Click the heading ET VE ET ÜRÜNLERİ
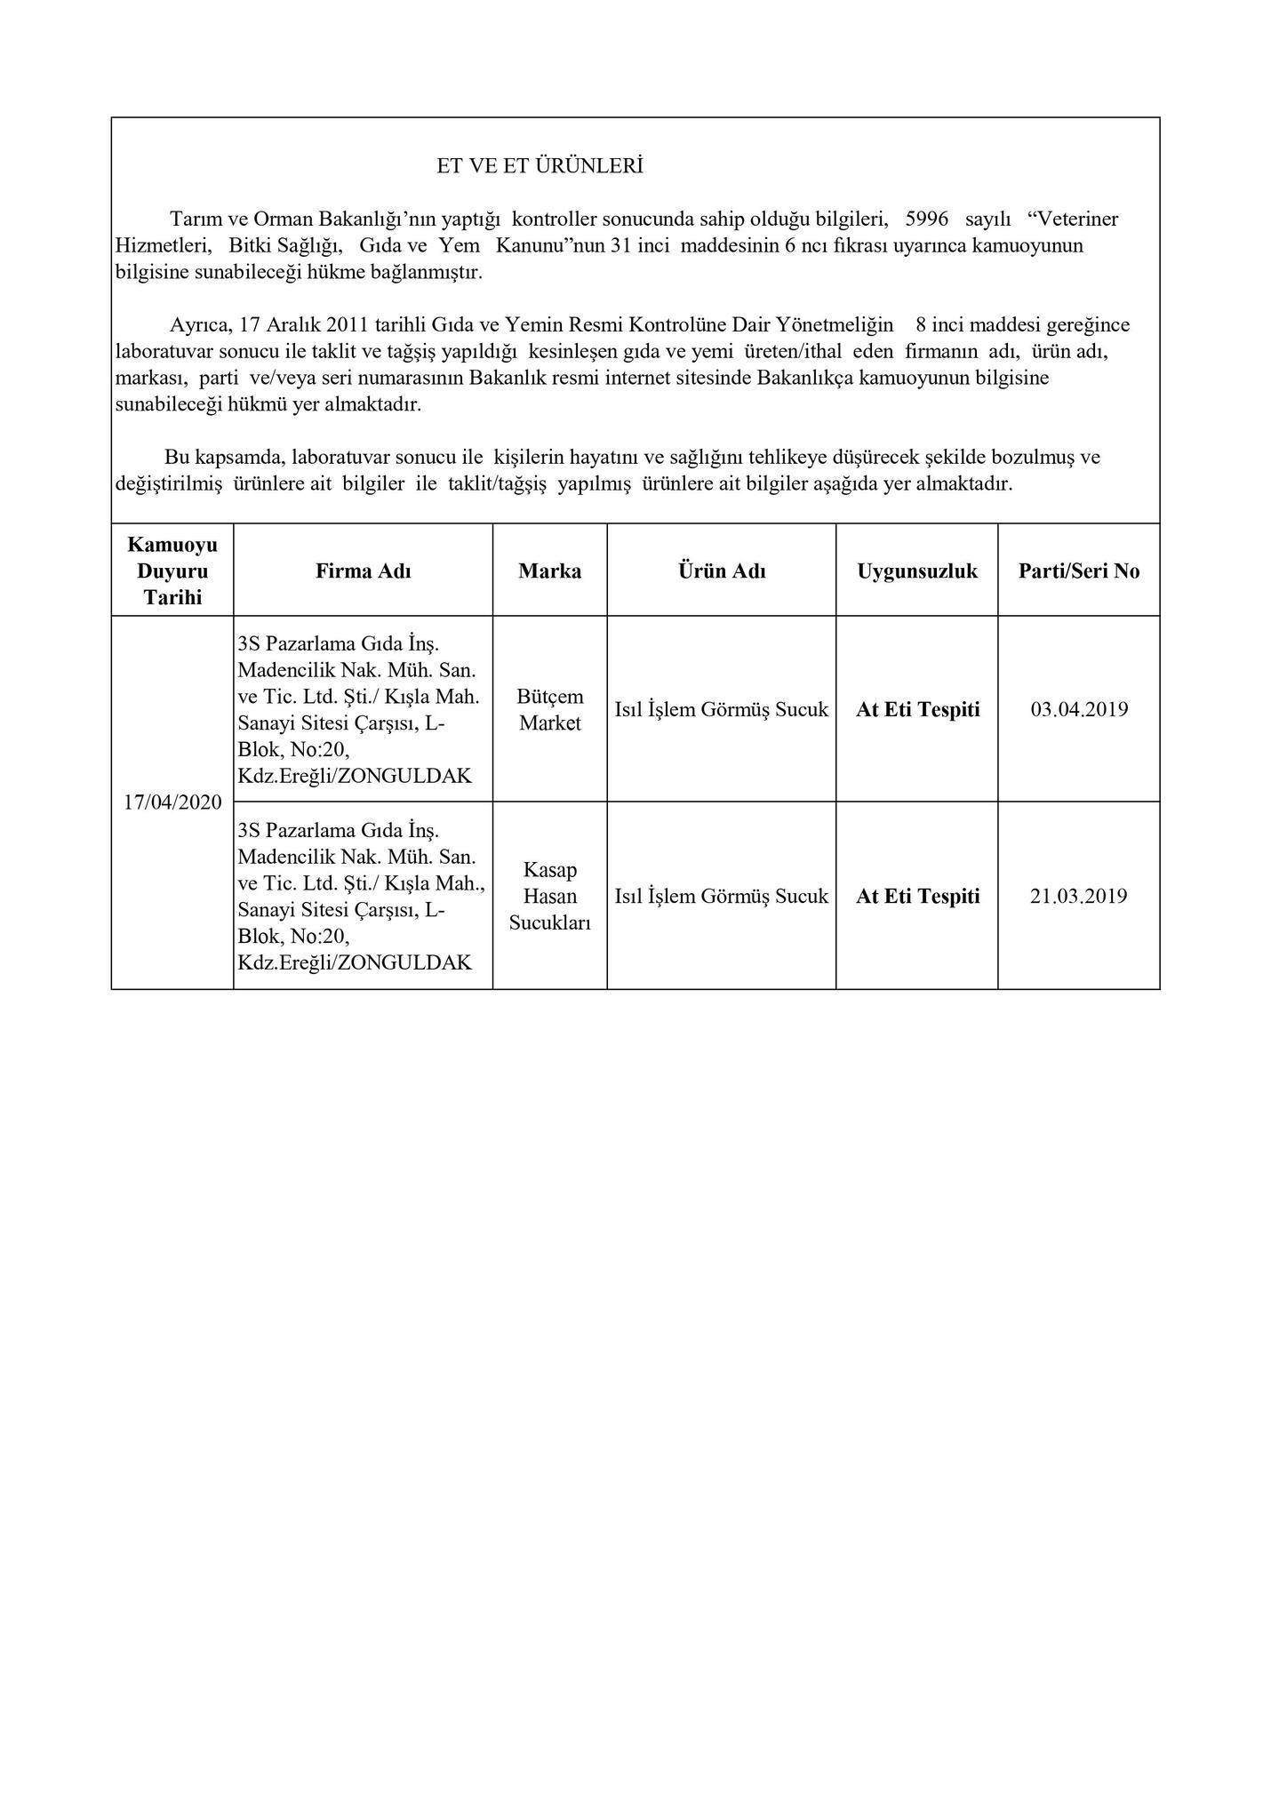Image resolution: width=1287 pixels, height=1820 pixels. point(540,166)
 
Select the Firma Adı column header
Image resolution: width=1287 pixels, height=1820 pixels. point(363,571)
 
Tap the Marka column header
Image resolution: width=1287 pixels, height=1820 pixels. point(550,571)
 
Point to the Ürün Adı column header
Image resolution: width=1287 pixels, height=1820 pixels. point(722,571)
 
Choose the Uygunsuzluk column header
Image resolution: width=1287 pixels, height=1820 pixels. point(917,571)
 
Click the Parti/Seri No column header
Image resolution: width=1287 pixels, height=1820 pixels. point(1079,571)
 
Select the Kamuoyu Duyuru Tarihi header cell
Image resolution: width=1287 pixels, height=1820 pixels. point(172,571)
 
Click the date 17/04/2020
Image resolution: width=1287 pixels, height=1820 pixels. point(172,802)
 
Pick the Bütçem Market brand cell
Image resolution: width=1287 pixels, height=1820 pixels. point(550,709)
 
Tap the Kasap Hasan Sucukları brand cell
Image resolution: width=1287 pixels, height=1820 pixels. point(550,896)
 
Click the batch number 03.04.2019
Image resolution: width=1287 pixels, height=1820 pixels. point(1079,709)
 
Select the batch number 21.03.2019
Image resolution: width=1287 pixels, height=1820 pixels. point(1079,896)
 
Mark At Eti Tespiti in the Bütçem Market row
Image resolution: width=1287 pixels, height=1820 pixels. point(918,709)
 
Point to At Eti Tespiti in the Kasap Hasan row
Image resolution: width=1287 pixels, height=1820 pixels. point(918,896)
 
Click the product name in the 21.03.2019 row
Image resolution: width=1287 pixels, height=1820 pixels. point(722,896)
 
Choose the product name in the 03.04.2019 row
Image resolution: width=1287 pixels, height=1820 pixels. point(722,709)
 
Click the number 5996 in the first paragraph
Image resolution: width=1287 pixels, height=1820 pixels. point(926,219)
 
